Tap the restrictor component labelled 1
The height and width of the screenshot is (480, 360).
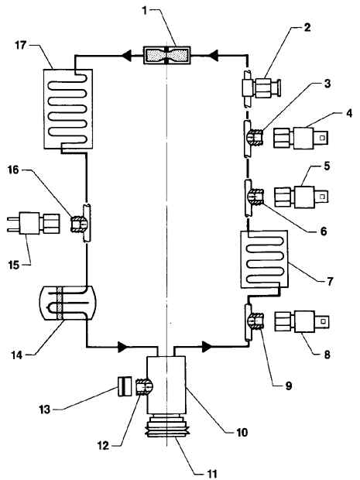coord(166,56)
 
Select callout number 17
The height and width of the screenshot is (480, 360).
coord(21,46)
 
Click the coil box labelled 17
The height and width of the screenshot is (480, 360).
coord(68,109)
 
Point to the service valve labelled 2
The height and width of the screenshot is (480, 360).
coord(262,88)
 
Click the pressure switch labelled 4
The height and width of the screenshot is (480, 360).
coord(301,139)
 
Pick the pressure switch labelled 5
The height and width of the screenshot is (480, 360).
coord(301,197)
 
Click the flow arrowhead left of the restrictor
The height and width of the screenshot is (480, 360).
coord(126,56)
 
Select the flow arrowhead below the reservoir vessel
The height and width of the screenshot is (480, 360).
coord(123,347)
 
